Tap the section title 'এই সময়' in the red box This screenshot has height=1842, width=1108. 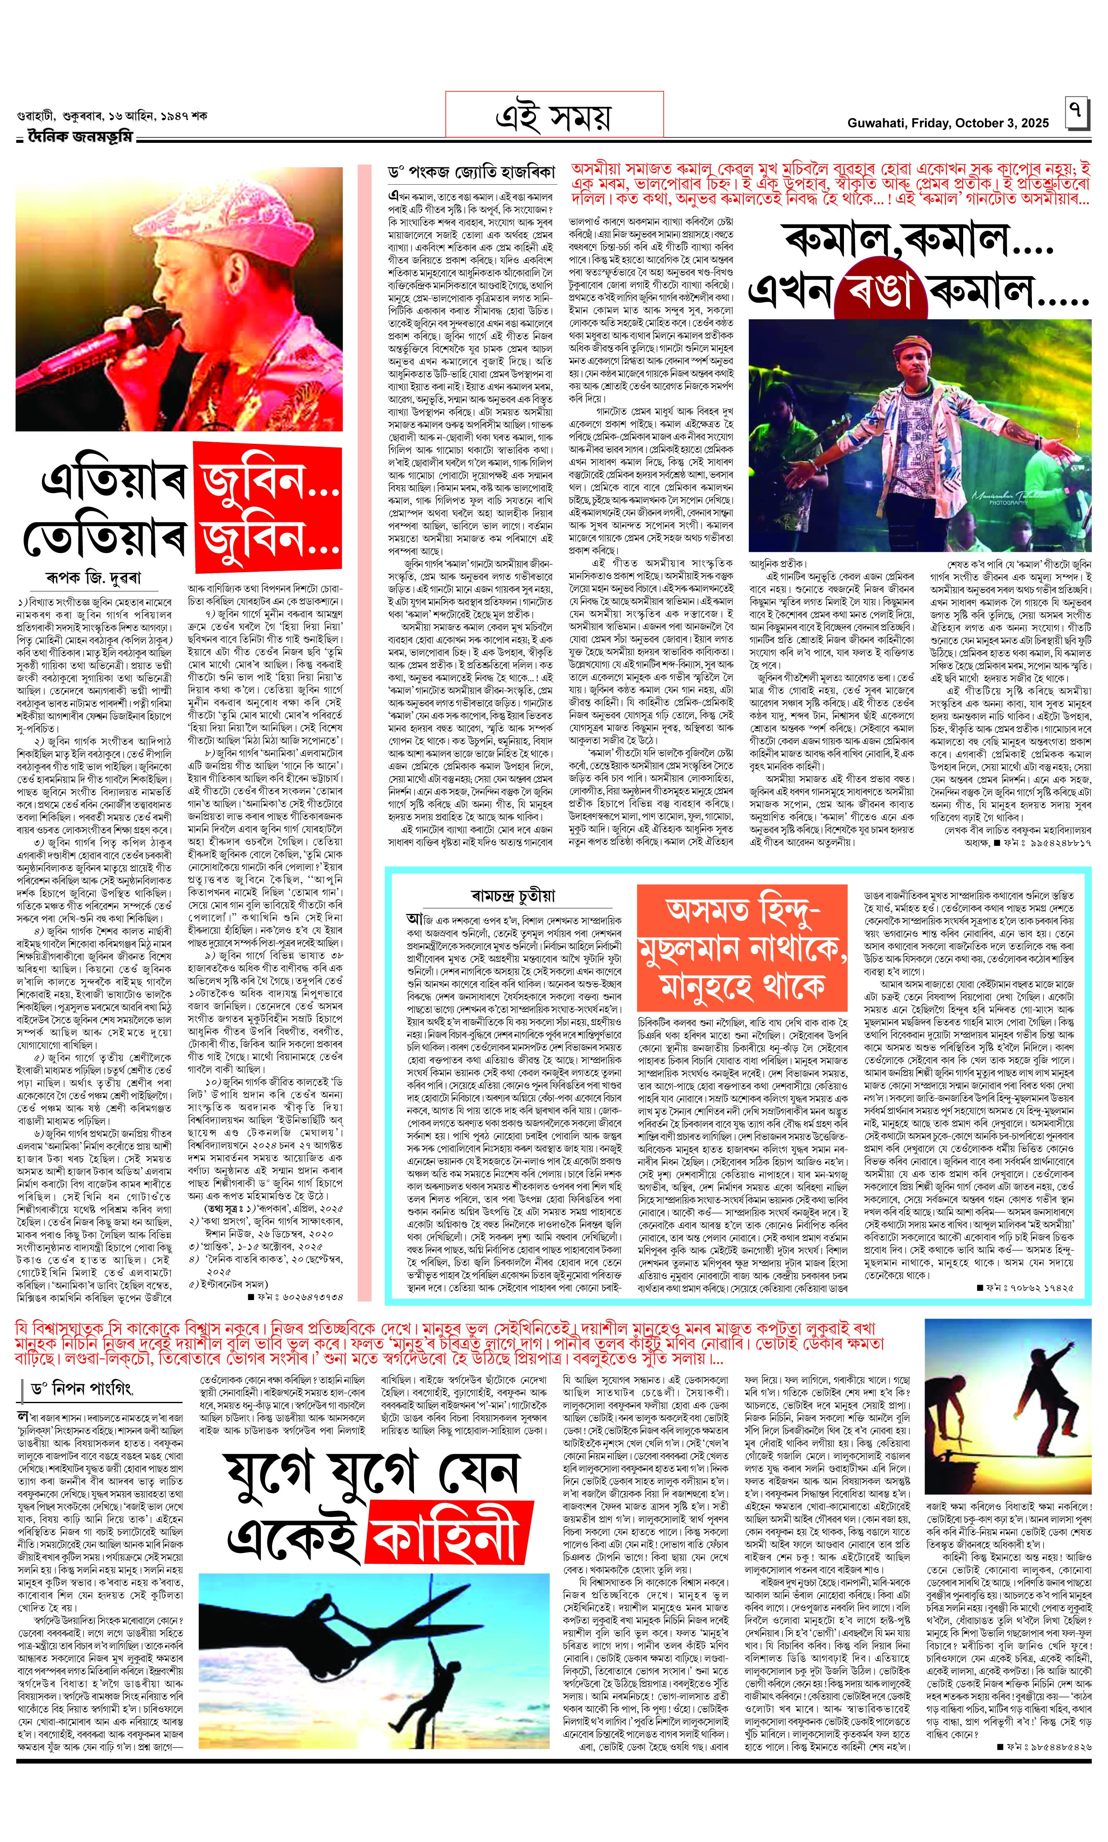coord(553,116)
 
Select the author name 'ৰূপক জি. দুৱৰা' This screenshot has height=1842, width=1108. coord(93,577)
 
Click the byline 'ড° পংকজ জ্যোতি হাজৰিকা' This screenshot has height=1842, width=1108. coord(472,173)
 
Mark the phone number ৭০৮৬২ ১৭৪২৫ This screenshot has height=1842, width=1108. coord(1030,1288)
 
